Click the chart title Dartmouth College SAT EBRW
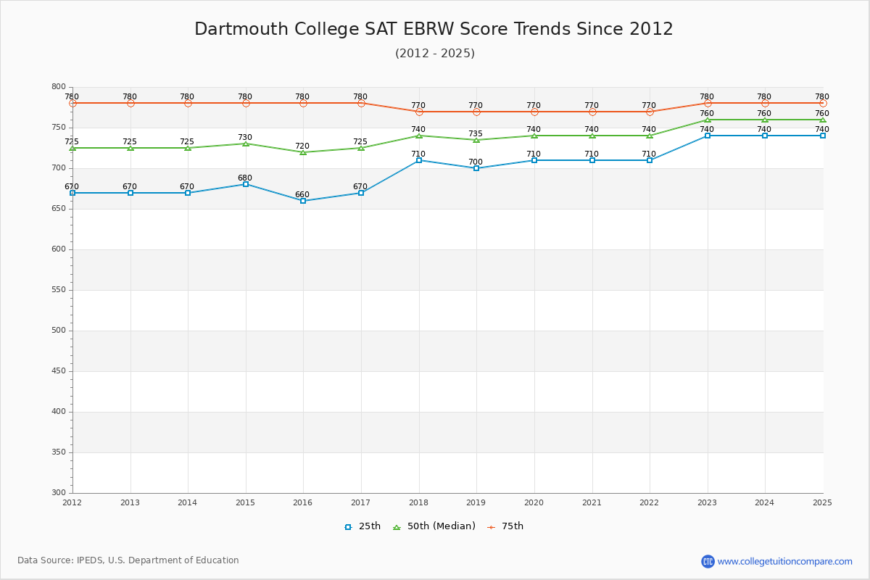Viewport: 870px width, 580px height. pyautogui.click(x=434, y=29)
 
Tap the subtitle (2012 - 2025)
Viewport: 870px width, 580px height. pyautogui.click(x=435, y=54)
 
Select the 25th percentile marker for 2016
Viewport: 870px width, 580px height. pyautogui.click(x=303, y=201)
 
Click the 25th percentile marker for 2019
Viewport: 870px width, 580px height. pyautogui.click(x=476, y=168)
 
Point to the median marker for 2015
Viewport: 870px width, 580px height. pyautogui.click(x=246, y=144)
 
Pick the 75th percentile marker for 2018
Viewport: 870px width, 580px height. pyautogui.click(x=419, y=112)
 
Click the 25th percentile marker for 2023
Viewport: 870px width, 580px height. pyautogui.click(x=708, y=136)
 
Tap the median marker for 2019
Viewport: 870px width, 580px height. pyautogui.click(x=476, y=140)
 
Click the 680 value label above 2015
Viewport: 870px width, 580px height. pyautogui.click(x=245, y=178)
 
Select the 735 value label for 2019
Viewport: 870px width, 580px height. pyautogui.click(x=476, y=134)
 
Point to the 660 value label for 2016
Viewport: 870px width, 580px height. pyautogui.click(x=302, y=195)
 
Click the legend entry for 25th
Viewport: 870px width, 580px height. pyautogui.click(x=362, y=526)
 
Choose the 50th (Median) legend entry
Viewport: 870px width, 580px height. pyautogui.click(x=434, y=526)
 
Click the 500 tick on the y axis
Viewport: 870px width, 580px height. pyautogui.click(x=58, y=331)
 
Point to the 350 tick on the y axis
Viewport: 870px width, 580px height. pyautogui.click(x=58, y=452)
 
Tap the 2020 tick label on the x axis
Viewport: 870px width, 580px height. pyautogui.click(x=534, y=502)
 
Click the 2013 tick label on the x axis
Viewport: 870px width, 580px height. pyautogui.click(x=130, y=502)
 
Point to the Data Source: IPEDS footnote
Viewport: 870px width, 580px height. pyautogui.click(x=128, y=560)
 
